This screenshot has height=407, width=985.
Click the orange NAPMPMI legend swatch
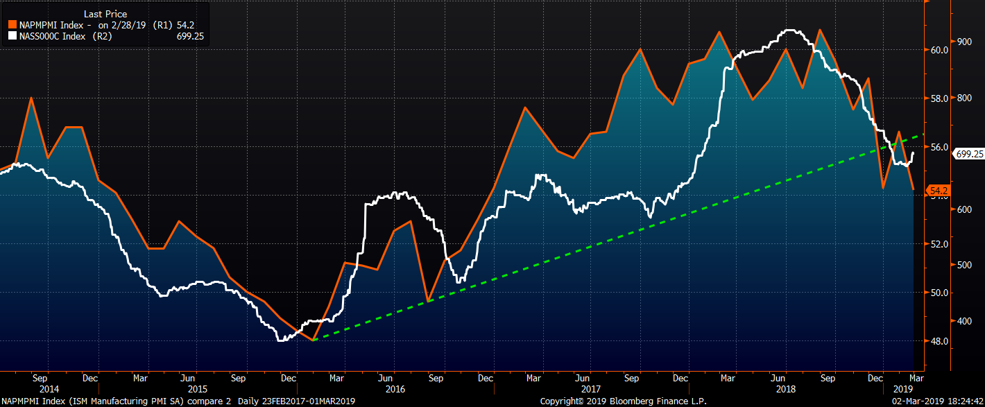tap(11, 24)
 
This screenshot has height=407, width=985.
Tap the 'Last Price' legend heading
tap(105, 14)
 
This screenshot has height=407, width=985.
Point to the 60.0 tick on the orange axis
tap(940, 50)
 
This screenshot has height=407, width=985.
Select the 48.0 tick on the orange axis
tap(940, 341)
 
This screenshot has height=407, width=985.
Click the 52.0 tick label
tap(940, 244)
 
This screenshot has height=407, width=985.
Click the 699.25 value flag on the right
tap(970, 154)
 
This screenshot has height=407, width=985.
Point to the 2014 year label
tap(40, 390)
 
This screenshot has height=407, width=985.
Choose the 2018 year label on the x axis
tap(785, 390)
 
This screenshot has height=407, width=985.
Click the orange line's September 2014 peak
tap(31, 98)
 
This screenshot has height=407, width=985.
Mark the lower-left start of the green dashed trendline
tap(314, 340)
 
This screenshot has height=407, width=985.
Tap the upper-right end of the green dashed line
tap(925, 135)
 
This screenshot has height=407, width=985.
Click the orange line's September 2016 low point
tap(429, 301)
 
